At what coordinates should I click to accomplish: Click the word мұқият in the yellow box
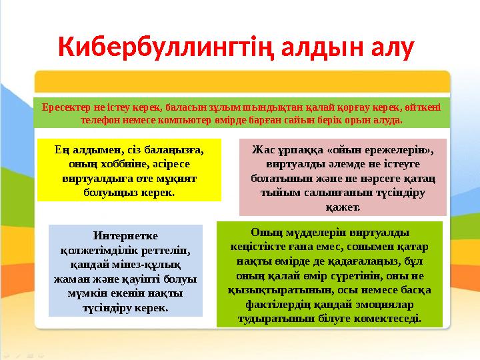coord(180,179)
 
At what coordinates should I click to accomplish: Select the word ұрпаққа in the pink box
coord(301,151)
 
